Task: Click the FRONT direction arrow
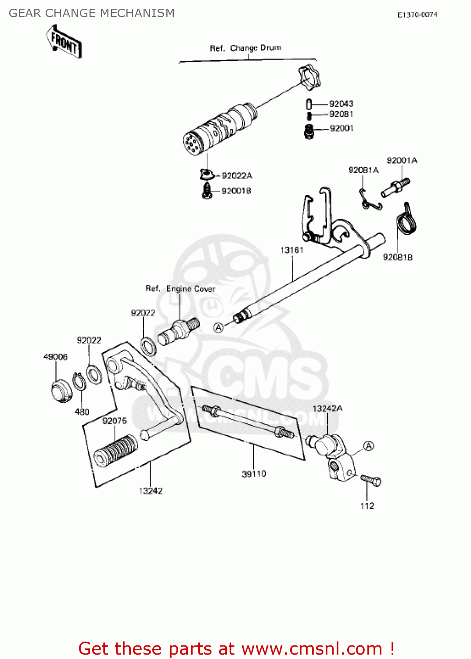pos(64,42)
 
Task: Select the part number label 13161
pos(292,250)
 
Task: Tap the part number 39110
pos(254,474)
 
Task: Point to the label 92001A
pos(402,160)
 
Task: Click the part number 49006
pos(55,357)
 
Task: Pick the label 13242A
pos(327,408)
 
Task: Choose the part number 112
pos(367,506)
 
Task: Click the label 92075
pos(115,421)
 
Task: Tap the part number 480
pos(82,412)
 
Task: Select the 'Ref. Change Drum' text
pos(245,48)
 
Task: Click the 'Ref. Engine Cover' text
pos(180,289)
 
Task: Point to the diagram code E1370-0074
pos(417,14)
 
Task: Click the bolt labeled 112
pos(371,480)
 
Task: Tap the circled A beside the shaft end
pos(219,327)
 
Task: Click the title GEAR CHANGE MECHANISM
pos(92,13)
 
